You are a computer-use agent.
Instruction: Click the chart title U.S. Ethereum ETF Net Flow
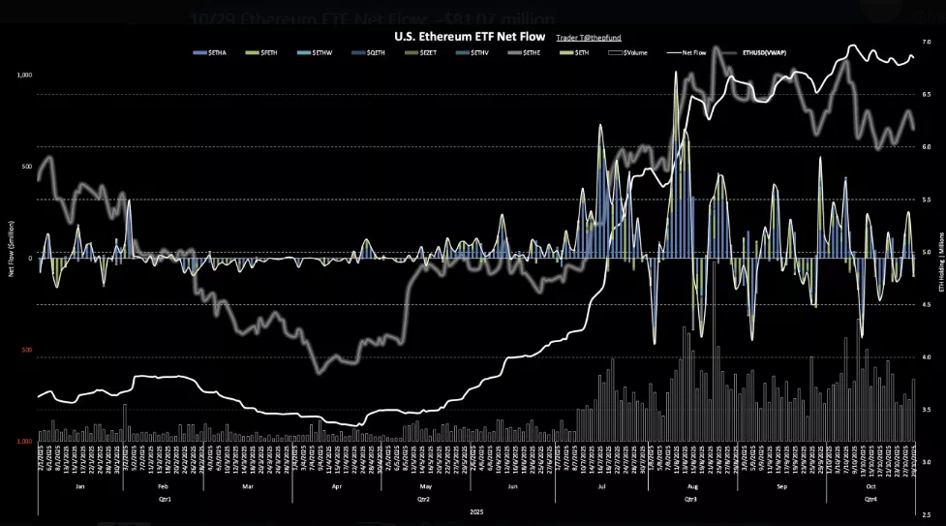click(470, 35)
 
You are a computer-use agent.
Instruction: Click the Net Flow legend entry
click(692, 51)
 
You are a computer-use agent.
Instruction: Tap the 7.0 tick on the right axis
click(926, 43)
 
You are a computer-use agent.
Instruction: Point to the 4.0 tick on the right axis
click(926, 357)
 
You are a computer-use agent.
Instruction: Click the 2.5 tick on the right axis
click(926, 515)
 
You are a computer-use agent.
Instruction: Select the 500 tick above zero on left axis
click(26, 165)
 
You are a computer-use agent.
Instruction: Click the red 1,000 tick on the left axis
click(25, 442)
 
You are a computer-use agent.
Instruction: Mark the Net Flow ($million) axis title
click(11, 257)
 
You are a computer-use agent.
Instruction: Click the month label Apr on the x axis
click(338, 484)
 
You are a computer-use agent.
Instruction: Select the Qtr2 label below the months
click(422, 498)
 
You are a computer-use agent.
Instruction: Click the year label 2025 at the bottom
click(474, 511)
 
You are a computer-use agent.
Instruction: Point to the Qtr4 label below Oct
click(870, 498)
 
